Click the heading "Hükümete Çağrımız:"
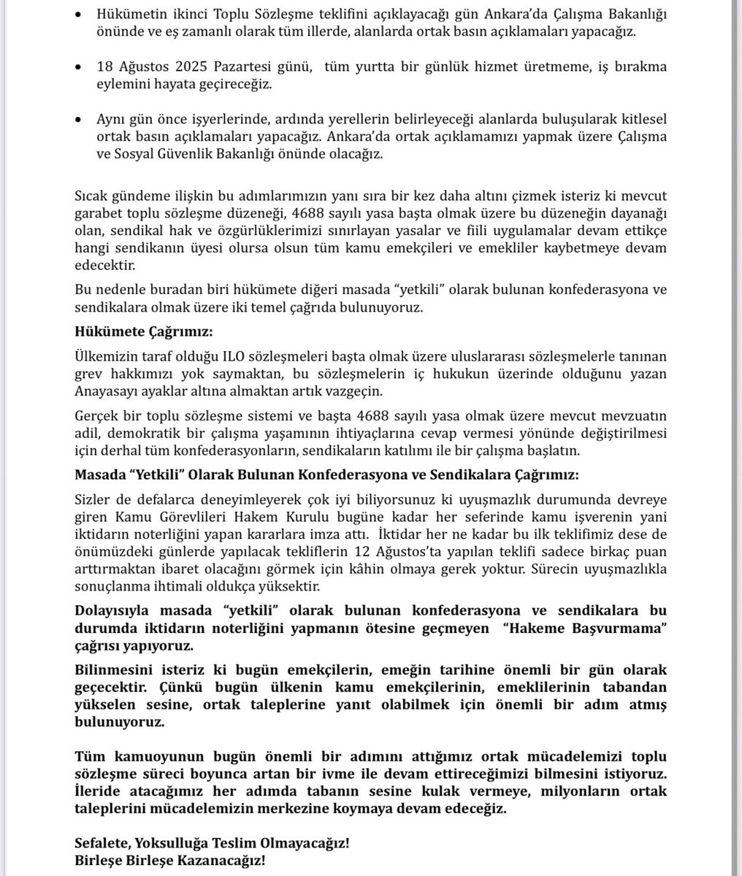coord(143,331)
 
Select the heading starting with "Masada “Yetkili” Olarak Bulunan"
coord(326,474)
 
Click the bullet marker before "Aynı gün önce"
coord(79,119)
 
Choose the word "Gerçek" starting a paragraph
coord(95,418)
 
